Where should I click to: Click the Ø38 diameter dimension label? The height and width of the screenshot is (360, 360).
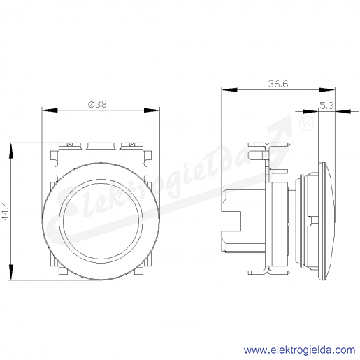97,104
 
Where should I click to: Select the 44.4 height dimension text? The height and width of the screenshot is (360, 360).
6,211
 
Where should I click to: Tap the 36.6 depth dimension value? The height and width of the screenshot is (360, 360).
278,84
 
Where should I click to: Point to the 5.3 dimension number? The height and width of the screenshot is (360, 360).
326,106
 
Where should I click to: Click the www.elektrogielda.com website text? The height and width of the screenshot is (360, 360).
299,350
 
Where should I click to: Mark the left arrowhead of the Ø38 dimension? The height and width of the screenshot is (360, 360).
50,110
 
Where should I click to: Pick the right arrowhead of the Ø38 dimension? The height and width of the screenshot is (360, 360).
152,110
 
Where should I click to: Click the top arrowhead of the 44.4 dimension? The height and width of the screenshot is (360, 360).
11,151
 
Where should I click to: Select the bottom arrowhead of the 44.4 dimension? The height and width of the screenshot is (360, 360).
11,272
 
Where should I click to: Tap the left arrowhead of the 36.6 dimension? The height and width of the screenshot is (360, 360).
229,90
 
